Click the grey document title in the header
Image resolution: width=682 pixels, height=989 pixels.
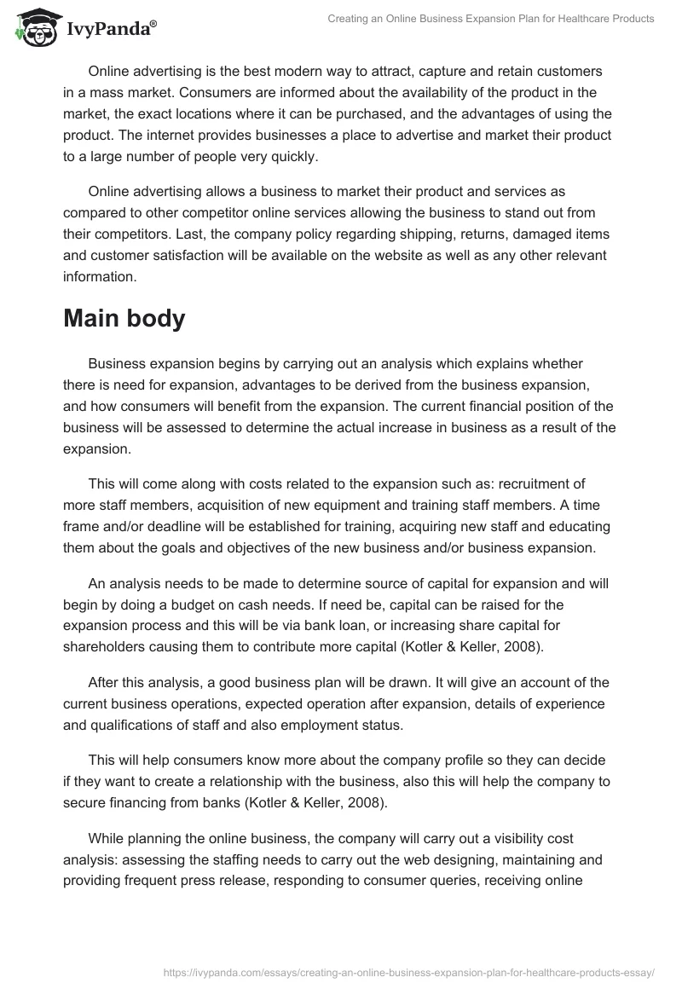point(490,19)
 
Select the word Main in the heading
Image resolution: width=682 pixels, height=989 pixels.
point(95,318)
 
